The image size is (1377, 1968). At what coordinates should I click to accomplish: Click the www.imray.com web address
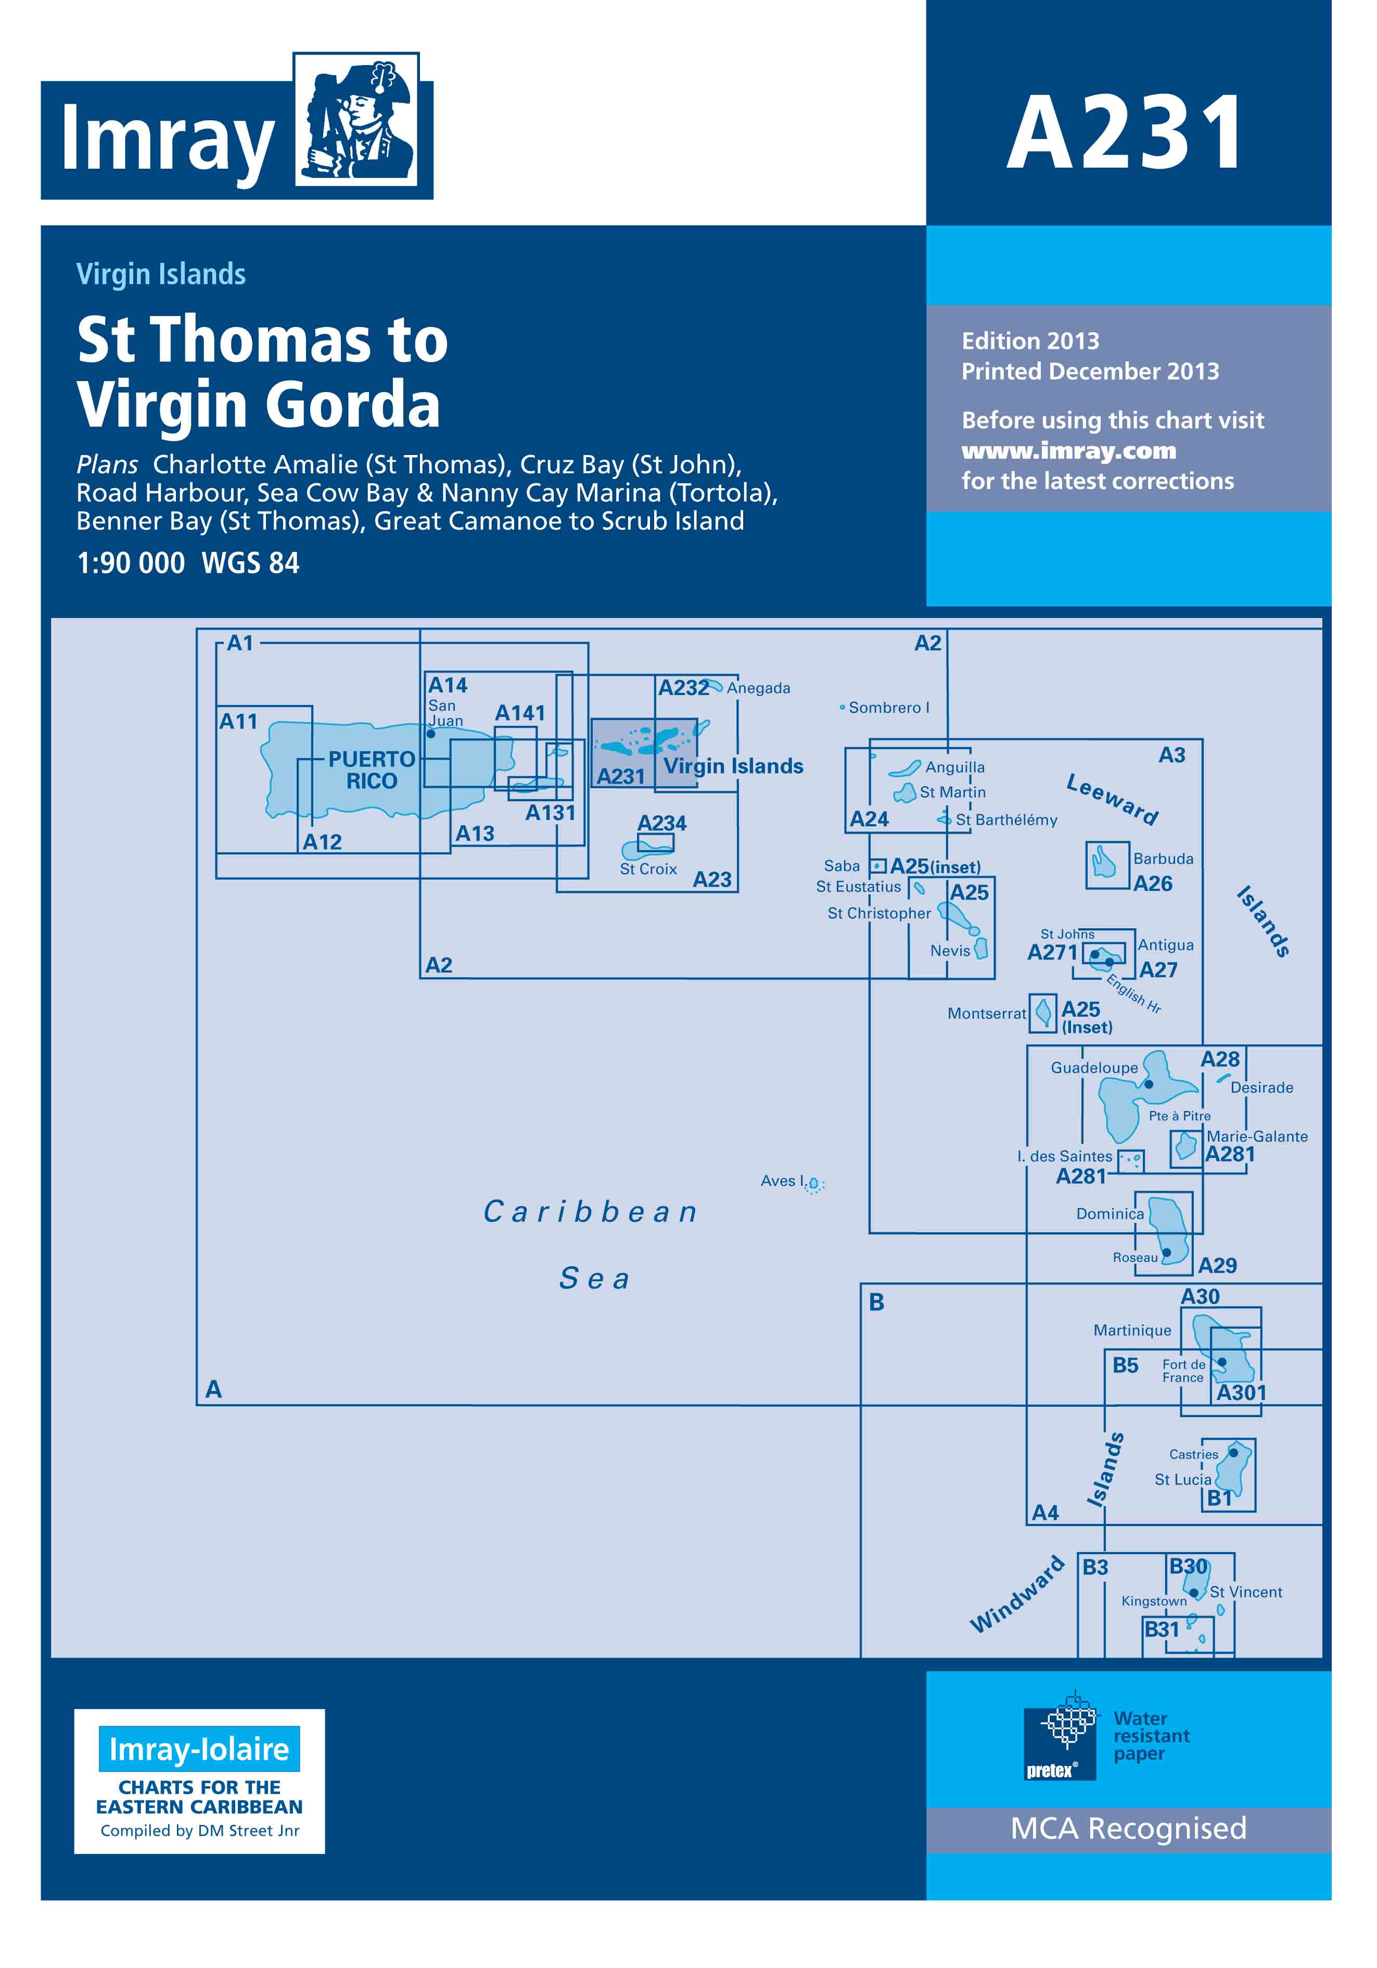(1068, 451)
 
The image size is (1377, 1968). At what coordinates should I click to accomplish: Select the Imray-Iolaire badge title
(199, 1749)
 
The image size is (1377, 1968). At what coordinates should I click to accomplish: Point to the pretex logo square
(1060, 1736)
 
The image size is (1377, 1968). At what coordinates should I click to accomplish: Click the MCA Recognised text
(1129, 1828)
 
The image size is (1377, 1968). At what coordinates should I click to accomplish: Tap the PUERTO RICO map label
(372, 769)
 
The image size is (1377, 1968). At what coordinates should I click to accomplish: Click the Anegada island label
(758, 688)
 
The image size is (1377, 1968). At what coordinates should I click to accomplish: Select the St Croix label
(648, 869)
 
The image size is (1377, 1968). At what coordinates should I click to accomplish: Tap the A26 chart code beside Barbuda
(1153, 884)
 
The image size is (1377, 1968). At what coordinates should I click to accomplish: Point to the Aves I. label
(782, 1181)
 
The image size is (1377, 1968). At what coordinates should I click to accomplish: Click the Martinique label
(1132, 1330)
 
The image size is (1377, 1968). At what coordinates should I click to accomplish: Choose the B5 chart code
(1125, 1366)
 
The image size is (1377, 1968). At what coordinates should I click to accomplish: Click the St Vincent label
(1246, 1592)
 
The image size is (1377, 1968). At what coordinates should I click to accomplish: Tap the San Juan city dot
(431, 734)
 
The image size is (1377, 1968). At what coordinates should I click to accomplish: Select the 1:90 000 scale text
(130, 563)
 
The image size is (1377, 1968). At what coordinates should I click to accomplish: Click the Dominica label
(1110, 1214)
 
